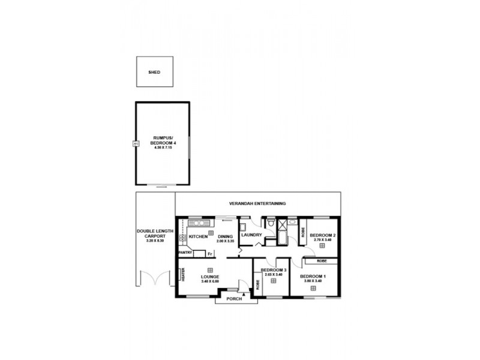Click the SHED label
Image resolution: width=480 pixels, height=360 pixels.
(154, 72)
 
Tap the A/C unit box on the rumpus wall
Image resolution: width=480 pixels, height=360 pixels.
(136, 143)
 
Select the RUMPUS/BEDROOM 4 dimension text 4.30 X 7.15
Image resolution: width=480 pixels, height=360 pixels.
(163, 148)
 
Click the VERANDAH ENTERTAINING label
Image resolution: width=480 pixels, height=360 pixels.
(261, 204)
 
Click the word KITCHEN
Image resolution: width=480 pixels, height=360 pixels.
(198, 237)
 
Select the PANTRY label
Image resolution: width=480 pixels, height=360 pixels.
(185, 253)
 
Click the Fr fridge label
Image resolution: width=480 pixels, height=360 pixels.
(209, 254)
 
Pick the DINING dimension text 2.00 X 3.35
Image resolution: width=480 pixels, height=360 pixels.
(225, 241)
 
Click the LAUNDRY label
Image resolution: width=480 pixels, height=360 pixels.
(250, 235)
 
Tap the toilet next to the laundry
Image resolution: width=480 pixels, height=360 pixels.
(272, 223)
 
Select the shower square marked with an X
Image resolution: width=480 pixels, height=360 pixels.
(282, 233)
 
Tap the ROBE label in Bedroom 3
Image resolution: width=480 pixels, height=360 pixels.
(259, 285)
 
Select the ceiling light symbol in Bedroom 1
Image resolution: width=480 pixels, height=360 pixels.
(314, 288)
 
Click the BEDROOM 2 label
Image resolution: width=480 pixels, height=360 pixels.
(322, 235)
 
